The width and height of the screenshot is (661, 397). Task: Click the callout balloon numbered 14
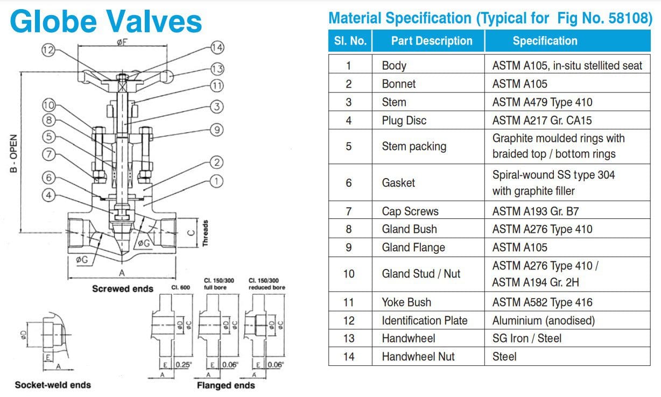tap(217, 47)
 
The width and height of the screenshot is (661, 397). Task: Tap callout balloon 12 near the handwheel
tap(48, 50)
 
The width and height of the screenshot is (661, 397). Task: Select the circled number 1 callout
tap(216, 181)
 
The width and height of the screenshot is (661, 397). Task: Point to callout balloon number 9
tap(216, 129)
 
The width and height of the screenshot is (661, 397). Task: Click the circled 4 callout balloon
tap(48, 195)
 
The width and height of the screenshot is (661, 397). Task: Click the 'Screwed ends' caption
tap(123, 289)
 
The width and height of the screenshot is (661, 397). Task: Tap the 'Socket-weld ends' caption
tap(53, 385)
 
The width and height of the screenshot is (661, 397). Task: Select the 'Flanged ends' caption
tap(226, 385)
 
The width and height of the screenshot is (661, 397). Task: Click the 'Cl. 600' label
tap(181, 287)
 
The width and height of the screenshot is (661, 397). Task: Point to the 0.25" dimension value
tap(183, 365)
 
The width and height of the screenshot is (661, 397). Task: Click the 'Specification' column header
tap(545, 41)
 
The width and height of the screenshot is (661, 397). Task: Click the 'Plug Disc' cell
tap(404, 120)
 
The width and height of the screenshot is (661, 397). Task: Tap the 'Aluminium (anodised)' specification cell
tap(543, 321)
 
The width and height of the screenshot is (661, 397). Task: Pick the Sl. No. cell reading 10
tap(349, 274)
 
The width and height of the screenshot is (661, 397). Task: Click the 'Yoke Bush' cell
tap(406, 302)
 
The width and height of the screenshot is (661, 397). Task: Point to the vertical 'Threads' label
tap(205, 233)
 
